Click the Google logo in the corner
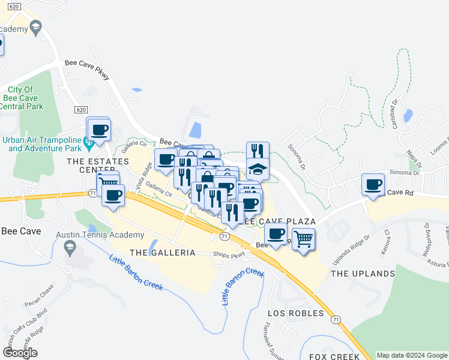20,353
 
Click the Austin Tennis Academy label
100,235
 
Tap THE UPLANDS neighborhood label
363,274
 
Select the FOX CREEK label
334,356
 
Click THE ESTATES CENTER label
98,166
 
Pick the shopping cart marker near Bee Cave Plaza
304,239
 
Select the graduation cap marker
258,169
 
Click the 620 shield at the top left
16,6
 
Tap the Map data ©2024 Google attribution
411,355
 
